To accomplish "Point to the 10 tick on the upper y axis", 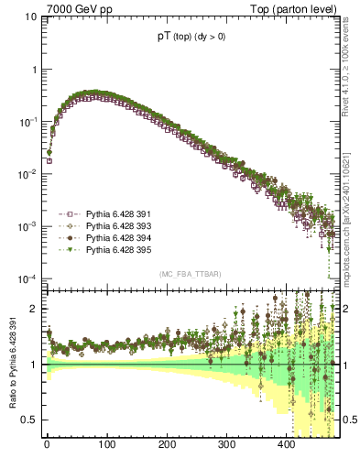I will (x=31, y=17).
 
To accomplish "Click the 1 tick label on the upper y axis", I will (x=35, y=70).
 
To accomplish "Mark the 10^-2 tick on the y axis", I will (x=28, y=174).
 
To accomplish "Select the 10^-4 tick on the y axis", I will (x=28, y=278).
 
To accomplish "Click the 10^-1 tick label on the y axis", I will (x=28, y=122).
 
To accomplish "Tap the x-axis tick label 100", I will (x=106, y=444).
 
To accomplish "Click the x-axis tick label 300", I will (x=226, y=444).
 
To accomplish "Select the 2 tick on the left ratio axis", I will (x=35, y=309).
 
